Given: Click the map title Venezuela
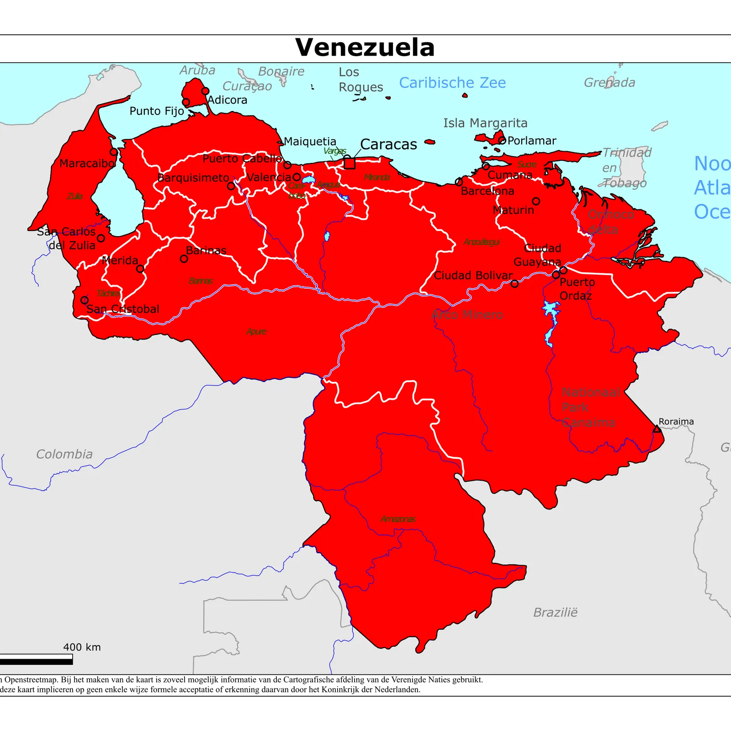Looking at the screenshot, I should pos(365,48).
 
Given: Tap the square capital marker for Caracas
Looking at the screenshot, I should pos(350,163).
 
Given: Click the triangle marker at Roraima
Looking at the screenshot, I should pos(657,429).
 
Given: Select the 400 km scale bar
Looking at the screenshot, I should pos(36,659).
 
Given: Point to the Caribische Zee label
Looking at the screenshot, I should pos(452,83).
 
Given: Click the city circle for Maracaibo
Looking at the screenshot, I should pos(114,152).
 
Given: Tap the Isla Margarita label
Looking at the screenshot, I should pos(485,123).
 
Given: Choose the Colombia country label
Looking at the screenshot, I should pos(64,454).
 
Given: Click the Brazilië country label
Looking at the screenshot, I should pos(555,612).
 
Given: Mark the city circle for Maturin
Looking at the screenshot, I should pos(536,201).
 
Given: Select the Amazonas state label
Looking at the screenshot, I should pos(398,519).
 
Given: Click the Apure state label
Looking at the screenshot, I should pos(256,332).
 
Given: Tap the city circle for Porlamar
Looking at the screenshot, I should pos(502,140).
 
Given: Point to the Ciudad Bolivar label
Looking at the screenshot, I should pos(473,275).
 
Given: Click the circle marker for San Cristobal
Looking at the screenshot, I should pos(85,300).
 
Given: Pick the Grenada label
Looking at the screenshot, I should pos(609,83).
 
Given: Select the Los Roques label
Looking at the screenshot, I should pos(360,79).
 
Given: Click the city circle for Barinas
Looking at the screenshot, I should pos(184,259).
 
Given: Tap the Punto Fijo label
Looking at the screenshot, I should pos(157,111).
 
